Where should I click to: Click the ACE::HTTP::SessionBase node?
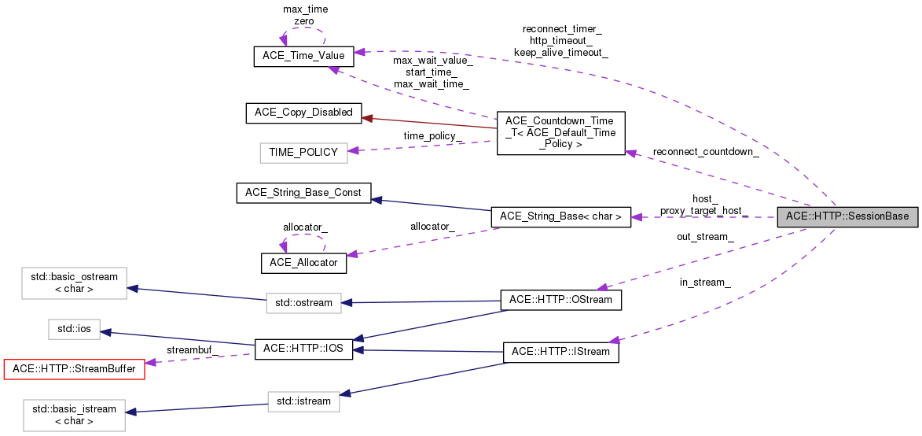point(847,216)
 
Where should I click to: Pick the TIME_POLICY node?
point(303,153)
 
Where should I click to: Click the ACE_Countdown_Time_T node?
point(560,132)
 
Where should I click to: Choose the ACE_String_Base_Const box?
point(303,193)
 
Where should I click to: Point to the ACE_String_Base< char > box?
point(560,216)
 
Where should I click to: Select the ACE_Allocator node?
point(303,263)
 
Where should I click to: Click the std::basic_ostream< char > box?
point(74,283)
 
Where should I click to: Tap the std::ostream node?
point(303,302)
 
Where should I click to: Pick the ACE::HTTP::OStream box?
point(561,300)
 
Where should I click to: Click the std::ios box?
point(74,330)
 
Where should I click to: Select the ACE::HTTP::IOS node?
point(303,349)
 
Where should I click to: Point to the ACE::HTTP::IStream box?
point(561,352)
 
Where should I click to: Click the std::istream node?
point(303,401)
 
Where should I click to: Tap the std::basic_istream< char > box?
point(74,415)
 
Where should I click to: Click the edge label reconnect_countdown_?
point(706,151)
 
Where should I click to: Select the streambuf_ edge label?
point(193,349)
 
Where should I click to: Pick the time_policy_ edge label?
point(432,135)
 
